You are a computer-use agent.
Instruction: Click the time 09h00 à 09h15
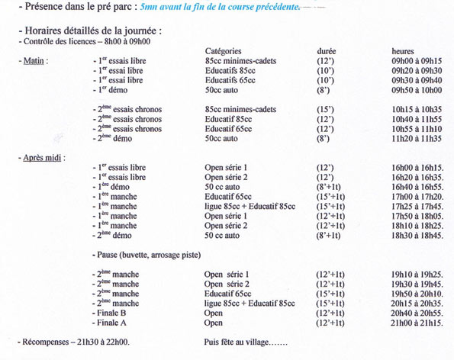[416, 60]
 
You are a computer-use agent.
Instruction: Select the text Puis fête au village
[246, 343]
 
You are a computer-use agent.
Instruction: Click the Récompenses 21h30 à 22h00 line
[74, 343]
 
